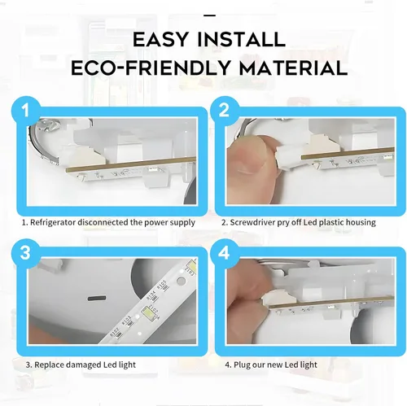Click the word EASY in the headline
point(160,40)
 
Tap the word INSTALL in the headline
point(241,40)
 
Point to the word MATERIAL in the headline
point(293,68)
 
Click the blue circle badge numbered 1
point(26,111)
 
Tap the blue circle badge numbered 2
point(224,111)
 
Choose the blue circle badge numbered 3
point(26,253)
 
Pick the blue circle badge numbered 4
point(224,253)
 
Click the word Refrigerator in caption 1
point(53,223)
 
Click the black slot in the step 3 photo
point(97,299)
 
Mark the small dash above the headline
point(209,15)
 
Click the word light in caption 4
point(309,365)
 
